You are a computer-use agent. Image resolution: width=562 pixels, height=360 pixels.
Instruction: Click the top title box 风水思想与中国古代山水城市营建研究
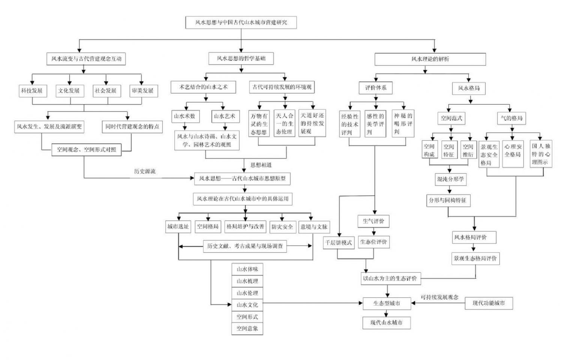(241, 22)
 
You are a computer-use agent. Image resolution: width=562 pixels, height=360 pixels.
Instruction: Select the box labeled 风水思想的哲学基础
(241, 58)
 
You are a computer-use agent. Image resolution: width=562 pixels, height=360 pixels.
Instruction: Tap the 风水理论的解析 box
(430, 59)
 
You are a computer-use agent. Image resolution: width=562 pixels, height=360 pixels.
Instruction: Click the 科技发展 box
(32, 91)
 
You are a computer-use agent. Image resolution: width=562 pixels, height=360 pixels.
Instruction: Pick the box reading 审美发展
(142, 91)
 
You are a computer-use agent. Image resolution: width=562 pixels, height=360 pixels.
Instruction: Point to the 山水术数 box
(185, 116)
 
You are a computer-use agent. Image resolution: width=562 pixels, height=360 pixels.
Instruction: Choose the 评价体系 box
(376, 88)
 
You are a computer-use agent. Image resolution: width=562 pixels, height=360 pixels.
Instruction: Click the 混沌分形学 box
(451, 179)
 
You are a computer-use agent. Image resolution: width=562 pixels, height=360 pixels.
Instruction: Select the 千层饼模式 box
(338, 243)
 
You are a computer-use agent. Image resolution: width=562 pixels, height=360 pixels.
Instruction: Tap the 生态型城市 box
(387, 303)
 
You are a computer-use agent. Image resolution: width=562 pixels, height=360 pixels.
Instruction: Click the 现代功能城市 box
(489, 303)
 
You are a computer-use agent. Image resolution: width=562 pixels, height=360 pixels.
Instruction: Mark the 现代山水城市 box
(387, 322)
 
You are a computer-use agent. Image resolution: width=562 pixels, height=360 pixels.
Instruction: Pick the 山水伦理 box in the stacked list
(247, 293)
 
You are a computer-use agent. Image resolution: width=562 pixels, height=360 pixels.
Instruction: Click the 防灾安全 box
(282, 227)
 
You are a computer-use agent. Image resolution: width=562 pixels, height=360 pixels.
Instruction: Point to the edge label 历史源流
(145, 171)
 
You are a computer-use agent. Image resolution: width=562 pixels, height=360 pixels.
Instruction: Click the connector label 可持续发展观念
(439, 297)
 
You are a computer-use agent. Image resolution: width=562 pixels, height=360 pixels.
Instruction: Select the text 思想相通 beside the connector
(261, 165)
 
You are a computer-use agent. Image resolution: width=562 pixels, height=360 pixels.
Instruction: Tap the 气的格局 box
(511, 118)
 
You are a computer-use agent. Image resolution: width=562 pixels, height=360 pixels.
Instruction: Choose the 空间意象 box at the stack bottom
(247, 328)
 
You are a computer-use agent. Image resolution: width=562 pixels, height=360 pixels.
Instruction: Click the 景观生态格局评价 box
(475, 258)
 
